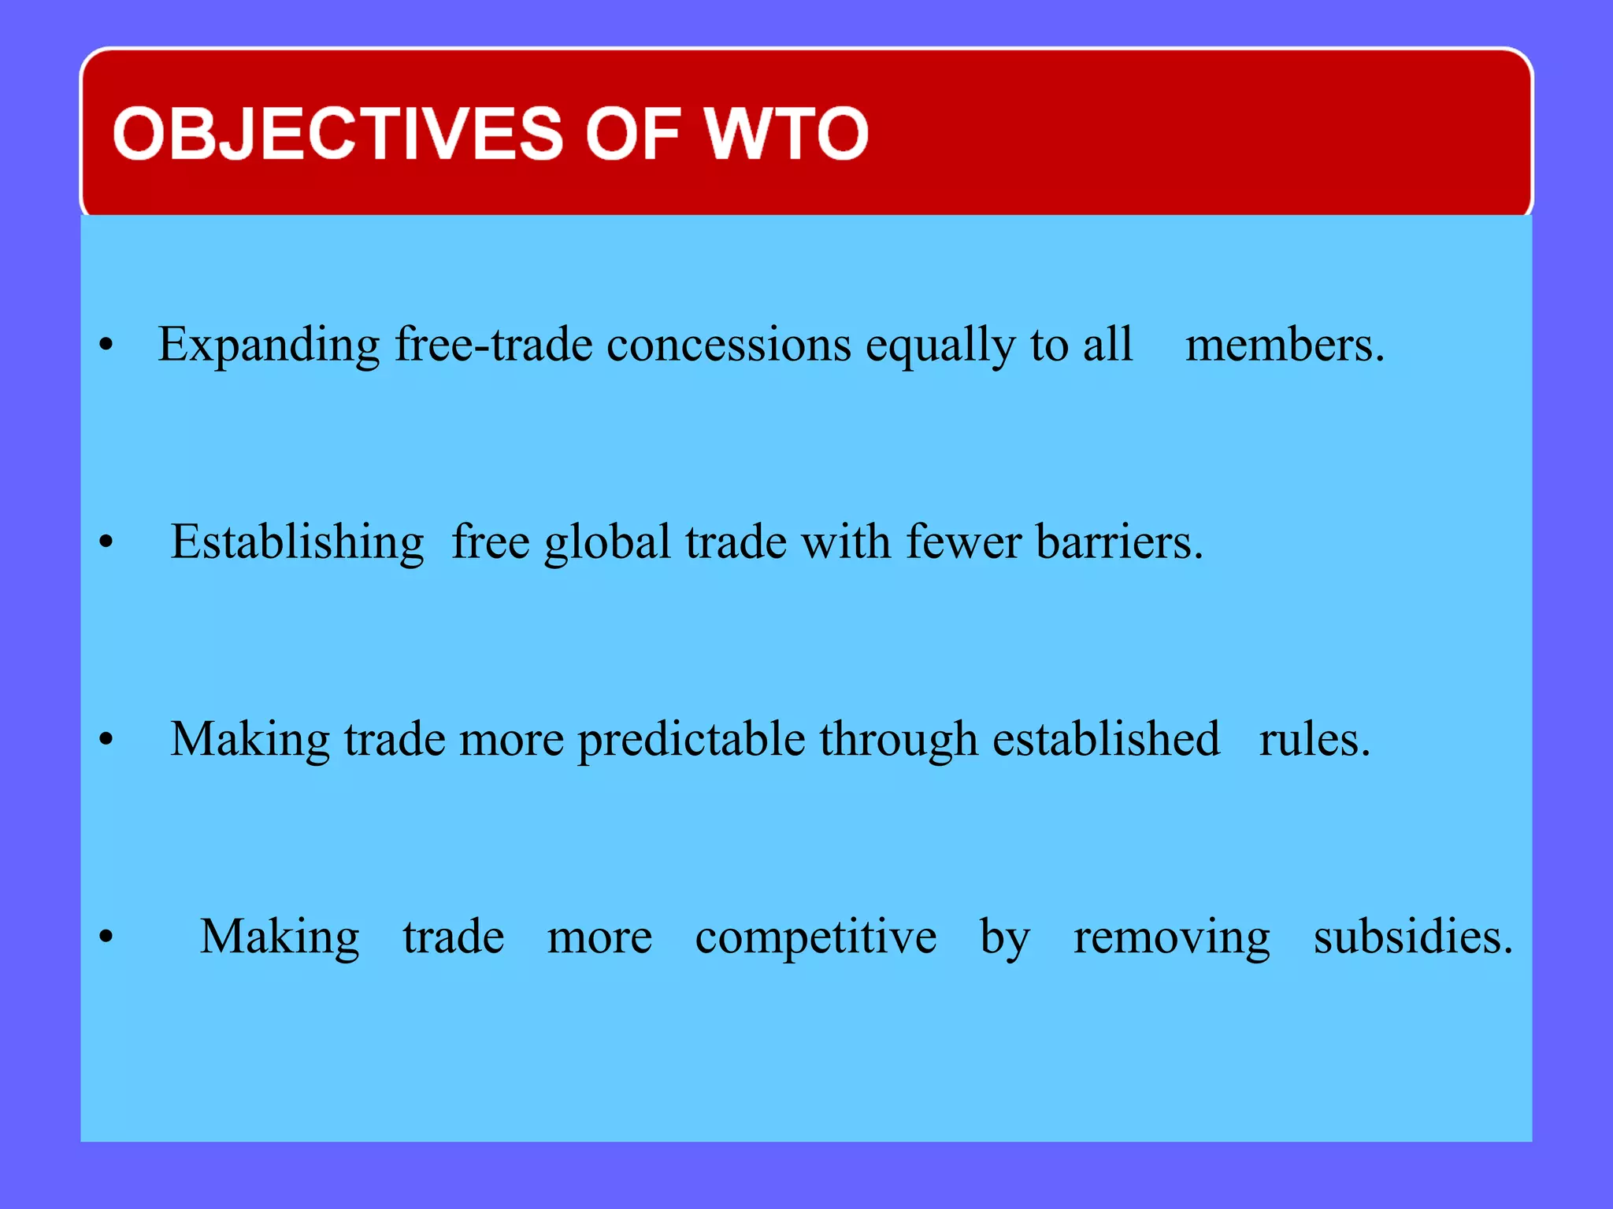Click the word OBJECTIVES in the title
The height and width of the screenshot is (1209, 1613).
click(339, 133)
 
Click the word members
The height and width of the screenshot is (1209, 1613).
click(1285, 345)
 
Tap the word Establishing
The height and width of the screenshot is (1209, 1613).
click(298, 543)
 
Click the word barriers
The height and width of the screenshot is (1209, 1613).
click(1119, 542)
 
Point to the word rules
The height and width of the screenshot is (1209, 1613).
click(1314, 740)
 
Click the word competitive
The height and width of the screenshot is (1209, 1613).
click(815, 937)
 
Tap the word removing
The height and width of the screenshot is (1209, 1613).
click(1171, 937)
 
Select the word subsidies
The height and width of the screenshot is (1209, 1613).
click(1413, 936)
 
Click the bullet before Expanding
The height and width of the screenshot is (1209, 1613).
click(106, 345)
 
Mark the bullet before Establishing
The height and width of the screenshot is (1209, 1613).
click(106, 542)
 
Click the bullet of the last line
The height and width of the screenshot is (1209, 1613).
click(106, 937)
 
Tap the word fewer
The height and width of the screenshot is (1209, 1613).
click(963, 542)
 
